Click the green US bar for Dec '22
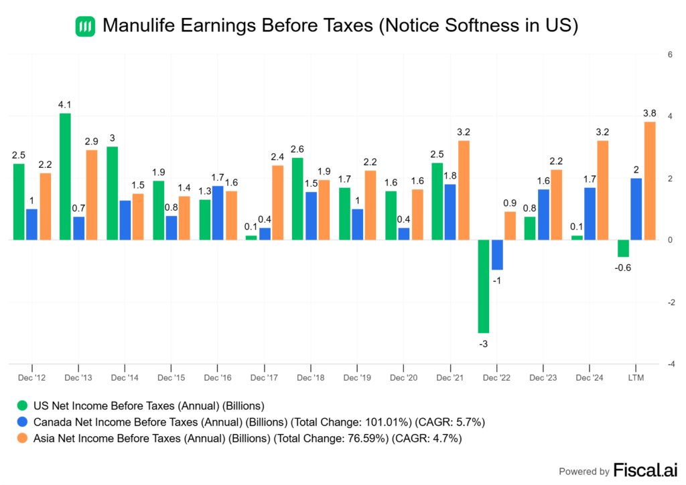pyautogui.click(x=483, y=286)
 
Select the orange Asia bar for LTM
pyautogui.click(x=649, y=181)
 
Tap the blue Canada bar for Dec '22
pyautogui.click(x=497, y=255)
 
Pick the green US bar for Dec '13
pyautogui.click(x=65, y=177)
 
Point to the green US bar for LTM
pyautogui.click(x=623, y=248)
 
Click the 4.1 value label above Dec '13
pyautogui.click(x=65, y=104)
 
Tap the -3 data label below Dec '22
pyautogui.click(x=483, y=344)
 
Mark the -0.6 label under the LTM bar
pyautogui.click(x=624, y=268)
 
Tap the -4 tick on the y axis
pyautogui.click(x=670, y=365)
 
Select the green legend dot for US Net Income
pyautogui.click(x=23, y=405)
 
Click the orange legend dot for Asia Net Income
pyautogui.click(x=23, y=439)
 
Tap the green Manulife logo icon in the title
pyautogui.click(x=85, y=26)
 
